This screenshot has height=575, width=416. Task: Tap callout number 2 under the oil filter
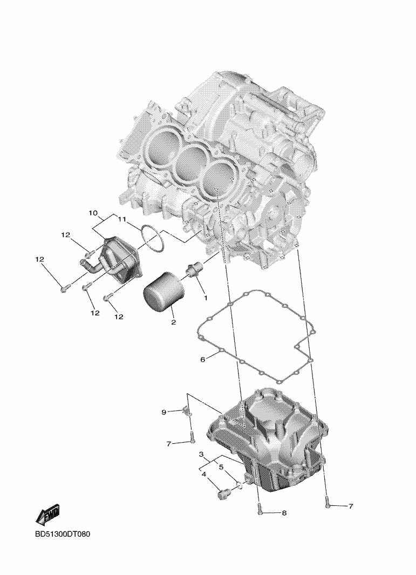coord(173,322)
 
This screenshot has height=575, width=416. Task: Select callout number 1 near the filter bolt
coord(206,298)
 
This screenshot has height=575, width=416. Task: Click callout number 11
coord(122,220)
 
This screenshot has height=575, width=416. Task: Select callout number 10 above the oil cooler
coord(93,213)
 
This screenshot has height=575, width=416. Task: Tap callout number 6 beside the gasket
coord(203,360)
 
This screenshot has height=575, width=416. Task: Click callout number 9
coord(164,412)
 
